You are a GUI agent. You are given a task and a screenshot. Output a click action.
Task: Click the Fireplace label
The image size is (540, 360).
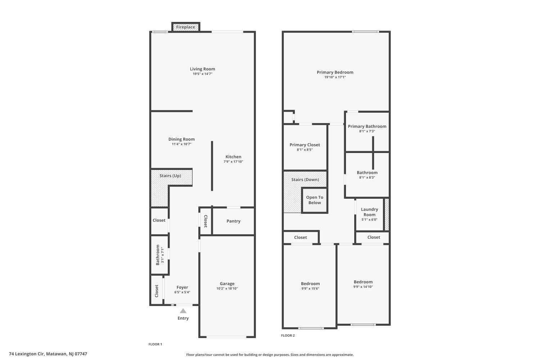(185, 27)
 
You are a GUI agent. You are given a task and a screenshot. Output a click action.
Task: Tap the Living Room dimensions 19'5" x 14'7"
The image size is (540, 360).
(202, 74)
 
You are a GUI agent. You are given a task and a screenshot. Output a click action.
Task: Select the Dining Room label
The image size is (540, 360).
(181, 139)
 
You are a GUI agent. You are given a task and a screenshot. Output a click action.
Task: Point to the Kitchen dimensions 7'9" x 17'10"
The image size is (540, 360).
(233, 162)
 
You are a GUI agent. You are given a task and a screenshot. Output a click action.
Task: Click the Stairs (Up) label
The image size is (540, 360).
(170, 176)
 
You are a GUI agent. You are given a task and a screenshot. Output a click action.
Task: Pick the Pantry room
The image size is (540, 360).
(233, 221)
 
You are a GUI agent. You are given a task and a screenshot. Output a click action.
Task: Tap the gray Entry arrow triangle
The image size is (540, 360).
(183, 311)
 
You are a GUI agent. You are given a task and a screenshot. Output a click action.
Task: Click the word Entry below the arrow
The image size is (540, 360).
(183, 318)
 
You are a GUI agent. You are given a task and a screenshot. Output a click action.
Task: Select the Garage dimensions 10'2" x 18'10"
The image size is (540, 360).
(227, 288)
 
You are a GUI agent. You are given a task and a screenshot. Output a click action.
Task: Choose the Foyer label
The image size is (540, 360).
(182, 287)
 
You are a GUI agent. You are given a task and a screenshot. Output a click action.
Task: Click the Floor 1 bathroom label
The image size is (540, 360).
(158, 255)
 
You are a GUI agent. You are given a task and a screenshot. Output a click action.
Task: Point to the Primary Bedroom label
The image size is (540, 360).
(335, 72)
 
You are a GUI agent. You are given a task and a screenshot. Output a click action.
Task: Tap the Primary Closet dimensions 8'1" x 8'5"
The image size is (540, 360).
(305, 150)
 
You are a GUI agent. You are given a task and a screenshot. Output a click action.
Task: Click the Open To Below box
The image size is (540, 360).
(315, 200)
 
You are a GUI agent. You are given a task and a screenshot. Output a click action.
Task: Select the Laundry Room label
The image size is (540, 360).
(369, 212)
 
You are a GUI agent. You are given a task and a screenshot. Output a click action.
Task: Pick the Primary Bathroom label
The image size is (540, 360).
(367, 126)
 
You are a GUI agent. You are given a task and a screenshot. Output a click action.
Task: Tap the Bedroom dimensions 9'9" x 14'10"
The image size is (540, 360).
(363, 287)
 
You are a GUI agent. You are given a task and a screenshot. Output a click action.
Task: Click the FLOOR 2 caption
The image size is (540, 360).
(288, 336)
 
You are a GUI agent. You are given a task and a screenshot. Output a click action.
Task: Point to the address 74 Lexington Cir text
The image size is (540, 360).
(27, 354)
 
